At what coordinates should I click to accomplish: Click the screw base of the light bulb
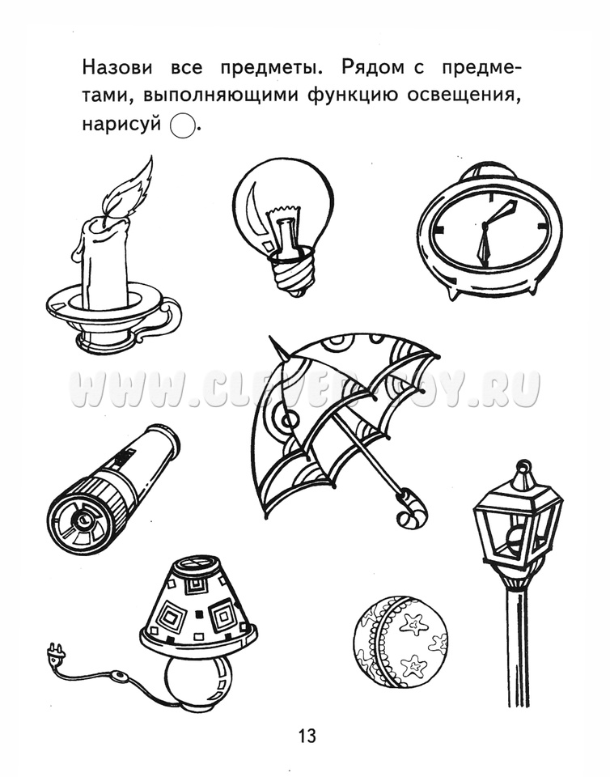tap(291, 275)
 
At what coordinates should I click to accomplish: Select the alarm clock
tap(490, 231)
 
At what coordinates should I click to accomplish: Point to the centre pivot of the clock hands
tap(485, 226)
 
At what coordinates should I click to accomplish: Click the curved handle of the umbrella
tap(411, 511)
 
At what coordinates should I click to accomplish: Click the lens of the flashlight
tap(80, 520)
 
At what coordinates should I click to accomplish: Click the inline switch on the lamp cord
tap(119, 676)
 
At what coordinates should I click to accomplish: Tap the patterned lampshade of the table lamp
tap(198, 605)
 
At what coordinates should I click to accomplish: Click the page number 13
tap(307, 736)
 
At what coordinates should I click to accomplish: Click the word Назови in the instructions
tap(117, 68)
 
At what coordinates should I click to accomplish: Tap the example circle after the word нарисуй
tap(182, 125)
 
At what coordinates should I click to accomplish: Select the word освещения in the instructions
tap(464, 96)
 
